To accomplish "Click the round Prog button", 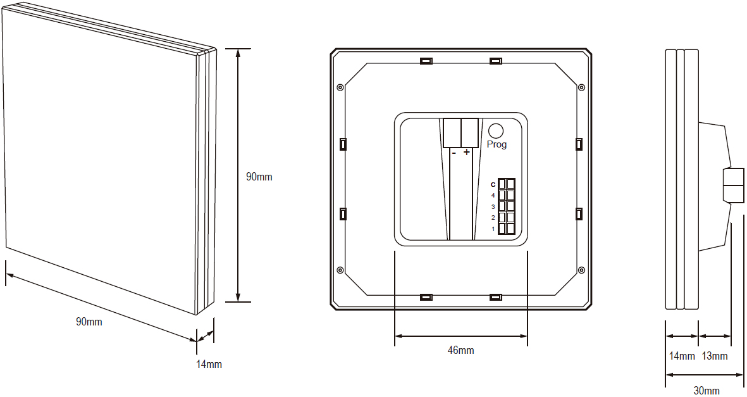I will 497,130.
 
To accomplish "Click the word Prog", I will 497,144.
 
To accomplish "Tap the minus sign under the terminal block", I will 454,153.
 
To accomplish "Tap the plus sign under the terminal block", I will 467,152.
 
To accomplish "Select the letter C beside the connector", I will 493,184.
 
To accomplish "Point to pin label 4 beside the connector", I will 493,196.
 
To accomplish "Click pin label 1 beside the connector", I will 493,229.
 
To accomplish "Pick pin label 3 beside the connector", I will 493,207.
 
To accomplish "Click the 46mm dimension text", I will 460,351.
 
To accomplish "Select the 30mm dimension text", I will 707,390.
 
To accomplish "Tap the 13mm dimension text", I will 715,356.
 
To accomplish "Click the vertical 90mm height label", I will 259,177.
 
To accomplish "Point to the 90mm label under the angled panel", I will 89,322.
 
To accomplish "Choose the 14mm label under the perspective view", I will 209,364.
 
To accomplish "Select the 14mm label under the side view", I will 682,356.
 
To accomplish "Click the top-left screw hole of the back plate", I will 340,87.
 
